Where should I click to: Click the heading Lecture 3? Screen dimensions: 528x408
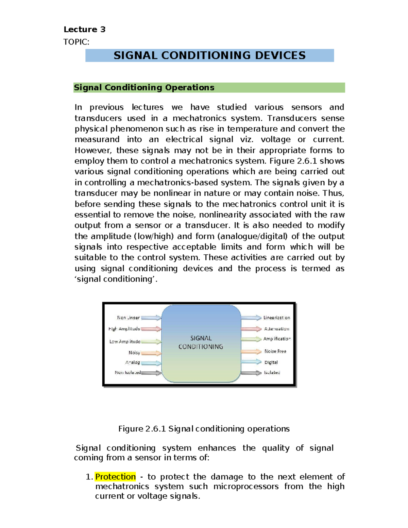[84, 30]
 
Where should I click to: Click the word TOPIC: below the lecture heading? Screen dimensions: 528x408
[76, 42]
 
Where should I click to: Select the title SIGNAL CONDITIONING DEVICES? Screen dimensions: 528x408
[209, 55]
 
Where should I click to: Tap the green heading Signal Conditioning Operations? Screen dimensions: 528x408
[144, 87]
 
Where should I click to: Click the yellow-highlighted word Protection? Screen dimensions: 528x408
[115, 477]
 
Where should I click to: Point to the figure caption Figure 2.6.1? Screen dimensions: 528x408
[204, 429]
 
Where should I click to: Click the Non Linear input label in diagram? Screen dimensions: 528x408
[128, 318]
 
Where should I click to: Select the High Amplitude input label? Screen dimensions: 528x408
[124, 329]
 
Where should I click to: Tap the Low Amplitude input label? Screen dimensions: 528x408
[125, 341]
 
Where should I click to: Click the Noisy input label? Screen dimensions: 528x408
[134, 353]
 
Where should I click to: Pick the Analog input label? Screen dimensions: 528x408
[133, 362]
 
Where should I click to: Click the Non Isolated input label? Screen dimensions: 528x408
[128, 373]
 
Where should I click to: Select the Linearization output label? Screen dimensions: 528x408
[277, 318]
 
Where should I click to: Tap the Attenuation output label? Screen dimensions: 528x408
[277, 329]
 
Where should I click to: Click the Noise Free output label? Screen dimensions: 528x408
[275, 351]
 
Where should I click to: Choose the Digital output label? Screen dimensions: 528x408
[271, 362]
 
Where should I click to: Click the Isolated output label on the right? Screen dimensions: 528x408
[272, 373]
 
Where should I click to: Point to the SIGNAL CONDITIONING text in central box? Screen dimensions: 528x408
[201, 342]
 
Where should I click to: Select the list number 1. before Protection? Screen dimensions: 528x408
[89, 477]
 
